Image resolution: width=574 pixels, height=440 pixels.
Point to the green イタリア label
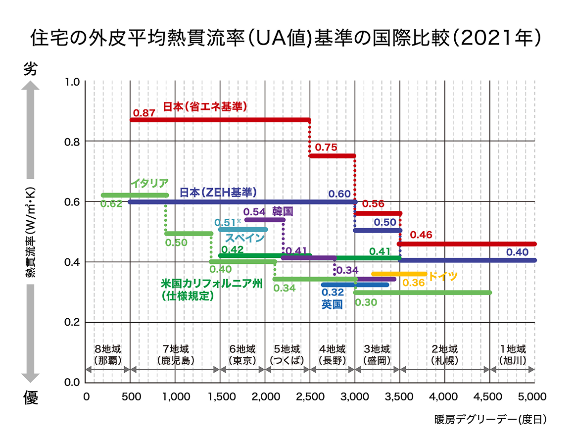[x=150, y=183]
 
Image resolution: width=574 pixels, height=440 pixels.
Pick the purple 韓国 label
[x=283, y=211]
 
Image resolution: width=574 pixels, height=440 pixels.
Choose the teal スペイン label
[x=245, y=238]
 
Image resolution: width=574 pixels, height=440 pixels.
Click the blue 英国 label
[x=332, y=304]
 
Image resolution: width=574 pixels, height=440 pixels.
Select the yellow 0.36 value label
[x=414, y=283]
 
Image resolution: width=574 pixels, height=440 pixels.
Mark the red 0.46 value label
[x=421, y=235]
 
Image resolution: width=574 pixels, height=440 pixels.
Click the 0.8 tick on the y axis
[x=72, y=142]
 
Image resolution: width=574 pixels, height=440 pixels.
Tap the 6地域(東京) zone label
[x=242, y=354]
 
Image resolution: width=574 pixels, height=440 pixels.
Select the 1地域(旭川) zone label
[x=512, y=354]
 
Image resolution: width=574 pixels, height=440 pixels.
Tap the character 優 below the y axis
[x=31, y=398]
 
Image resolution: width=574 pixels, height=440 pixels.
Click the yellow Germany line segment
[x=399, y=274]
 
